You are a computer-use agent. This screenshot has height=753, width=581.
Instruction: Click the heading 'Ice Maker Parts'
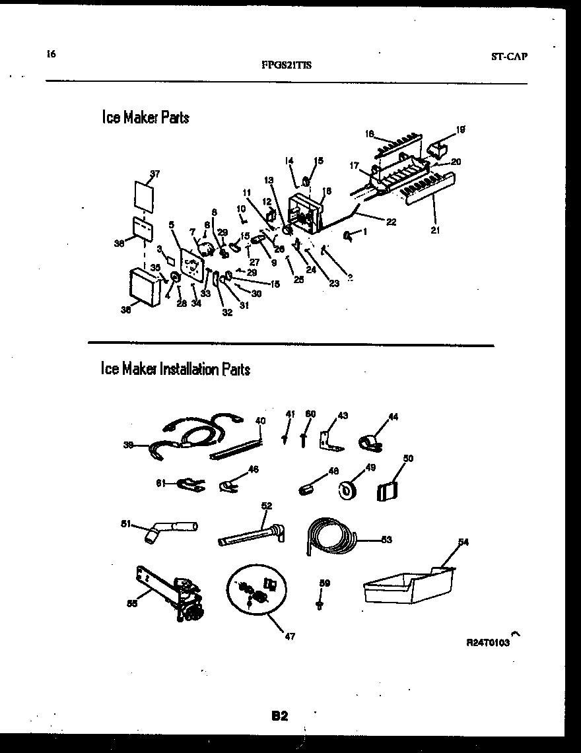[x=145, y=117]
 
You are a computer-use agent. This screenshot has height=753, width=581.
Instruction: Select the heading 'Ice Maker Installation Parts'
[x=176, y=368]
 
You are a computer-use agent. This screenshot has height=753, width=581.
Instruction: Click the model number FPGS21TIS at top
[x=287, y=65]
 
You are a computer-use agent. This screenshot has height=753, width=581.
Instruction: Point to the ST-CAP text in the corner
[x=509, y=57]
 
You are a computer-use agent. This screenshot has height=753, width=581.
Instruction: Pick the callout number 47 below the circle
[x=290, y=636]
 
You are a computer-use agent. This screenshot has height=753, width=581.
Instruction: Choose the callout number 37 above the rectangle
[x=154, y=174]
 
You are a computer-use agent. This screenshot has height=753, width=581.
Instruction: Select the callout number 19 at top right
[x=460, y=129]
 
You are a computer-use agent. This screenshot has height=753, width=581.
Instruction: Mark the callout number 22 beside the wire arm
[x=391, y=222]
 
